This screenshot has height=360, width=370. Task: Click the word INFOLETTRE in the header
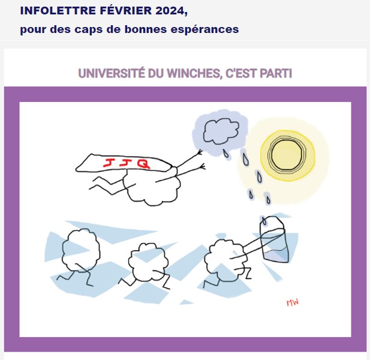[x=58, y=11]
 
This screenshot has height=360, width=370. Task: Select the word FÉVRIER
[x=125, y=10]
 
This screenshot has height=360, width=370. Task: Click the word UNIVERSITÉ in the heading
[x=111, y=73]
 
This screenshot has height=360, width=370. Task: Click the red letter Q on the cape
[x=143, y=163]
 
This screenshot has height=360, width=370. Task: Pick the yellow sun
[x=287, y=155]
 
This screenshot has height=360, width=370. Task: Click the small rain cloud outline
[x=221, y=131]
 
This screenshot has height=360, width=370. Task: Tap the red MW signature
[x=293, y=302]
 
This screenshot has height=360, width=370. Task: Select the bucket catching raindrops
[x=274, y=239]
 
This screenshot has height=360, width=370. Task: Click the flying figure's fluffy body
[x=152, y=187]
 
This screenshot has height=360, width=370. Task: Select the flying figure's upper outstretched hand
[x=200, y=152]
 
